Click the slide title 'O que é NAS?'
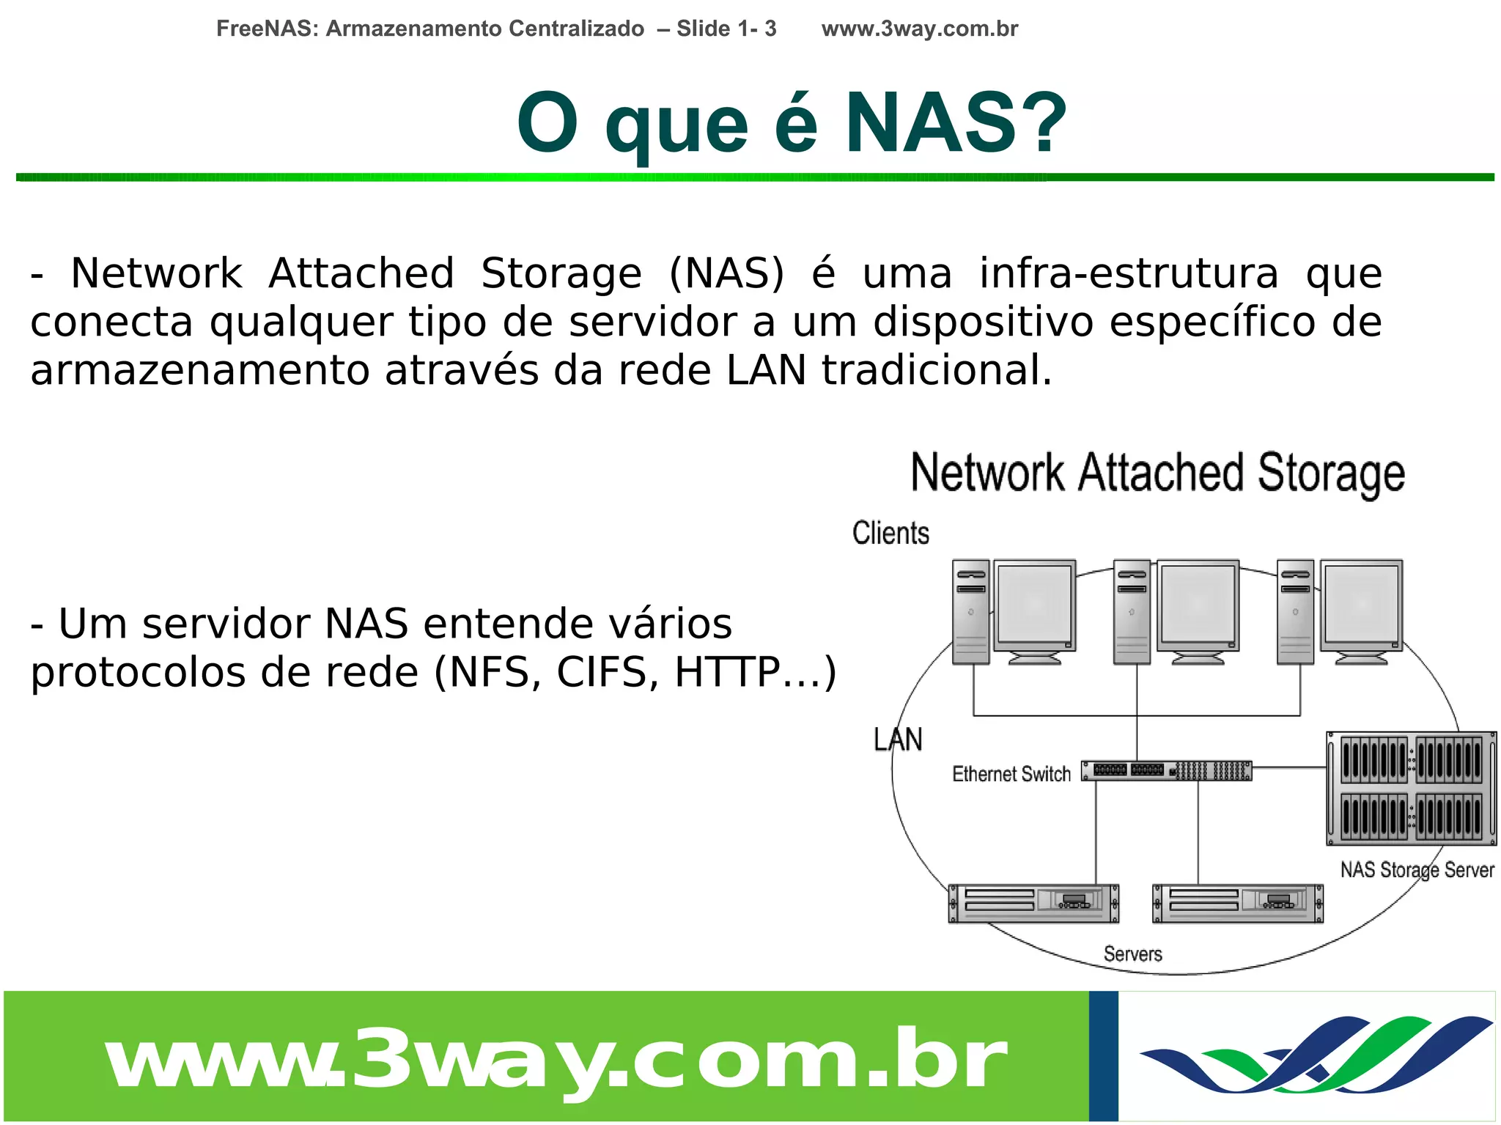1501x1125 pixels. click(791, 124)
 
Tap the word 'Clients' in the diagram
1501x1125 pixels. click(890, 533)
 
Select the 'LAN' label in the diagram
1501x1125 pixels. click(898, 739)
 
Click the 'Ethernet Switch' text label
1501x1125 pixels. click(1011, 774)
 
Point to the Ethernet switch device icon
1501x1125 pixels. click(1167, 770)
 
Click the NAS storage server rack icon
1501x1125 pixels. click(1411, 788)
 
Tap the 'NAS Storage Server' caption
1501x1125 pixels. click(1417, 870)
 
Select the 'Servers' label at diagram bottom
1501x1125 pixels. click(1132, 954)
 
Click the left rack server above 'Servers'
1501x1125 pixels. click(1033, 903)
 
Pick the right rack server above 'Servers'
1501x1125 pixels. click(1238, 903)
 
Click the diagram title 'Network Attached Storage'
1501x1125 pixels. click(1157, 473)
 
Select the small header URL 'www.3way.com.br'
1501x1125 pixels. click(919, 29)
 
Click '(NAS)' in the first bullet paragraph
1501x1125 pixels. click(726, 273)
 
